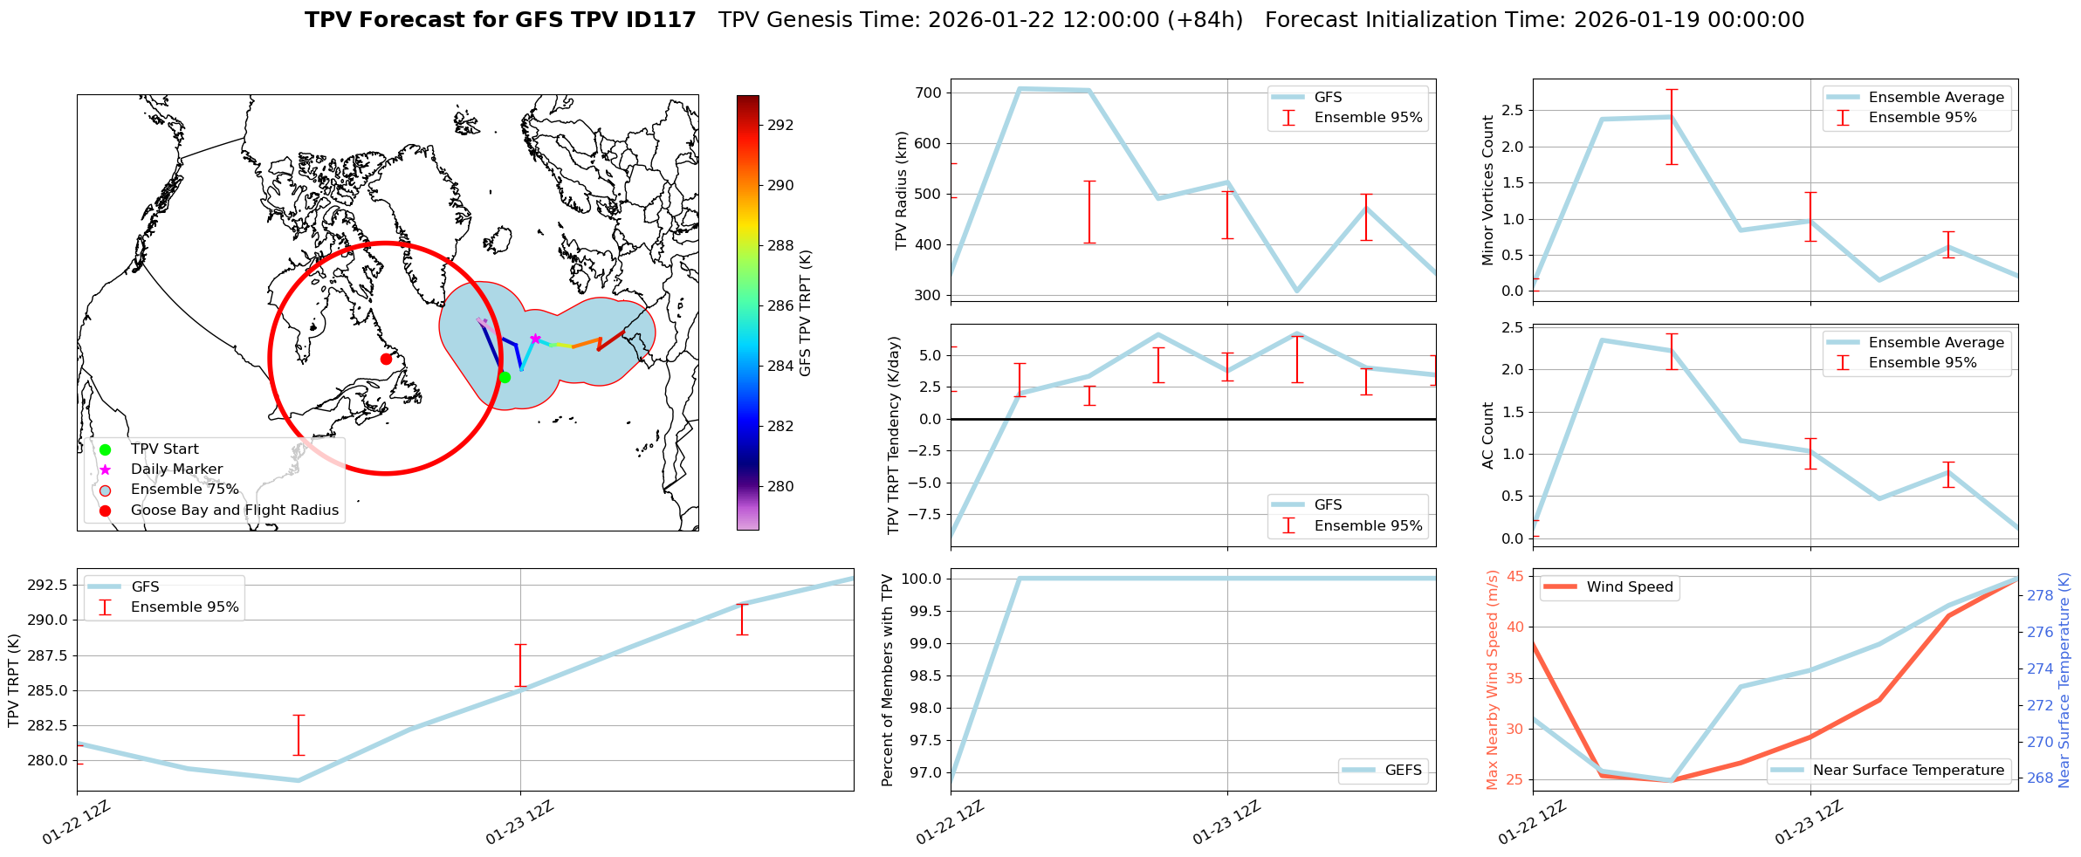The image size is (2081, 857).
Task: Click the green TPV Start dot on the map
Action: coord(505,377)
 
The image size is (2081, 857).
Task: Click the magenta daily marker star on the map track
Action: coord(535,339)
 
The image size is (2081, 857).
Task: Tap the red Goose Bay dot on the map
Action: coord(386,359)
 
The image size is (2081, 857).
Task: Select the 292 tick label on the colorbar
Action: coord(780,125)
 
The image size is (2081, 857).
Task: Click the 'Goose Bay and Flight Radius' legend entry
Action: coord(234,511)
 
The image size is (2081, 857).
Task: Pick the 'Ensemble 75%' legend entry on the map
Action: coord(184,490)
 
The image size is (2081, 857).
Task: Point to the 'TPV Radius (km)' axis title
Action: coord(902,190)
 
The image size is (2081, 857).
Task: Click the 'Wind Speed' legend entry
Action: coord(1629,587)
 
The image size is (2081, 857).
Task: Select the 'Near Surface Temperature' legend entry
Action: coord(1908,771)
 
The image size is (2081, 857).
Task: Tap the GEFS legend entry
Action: coord(1403,771)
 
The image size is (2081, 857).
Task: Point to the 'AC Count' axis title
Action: coord(1488,435)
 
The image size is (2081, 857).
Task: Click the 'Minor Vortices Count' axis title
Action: coord(1488,190)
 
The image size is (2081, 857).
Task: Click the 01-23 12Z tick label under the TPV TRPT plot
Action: coord(519,822)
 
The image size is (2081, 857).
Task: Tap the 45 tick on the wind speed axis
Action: coord(1515,576)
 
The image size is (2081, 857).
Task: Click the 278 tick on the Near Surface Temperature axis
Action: coord(2040,596)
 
